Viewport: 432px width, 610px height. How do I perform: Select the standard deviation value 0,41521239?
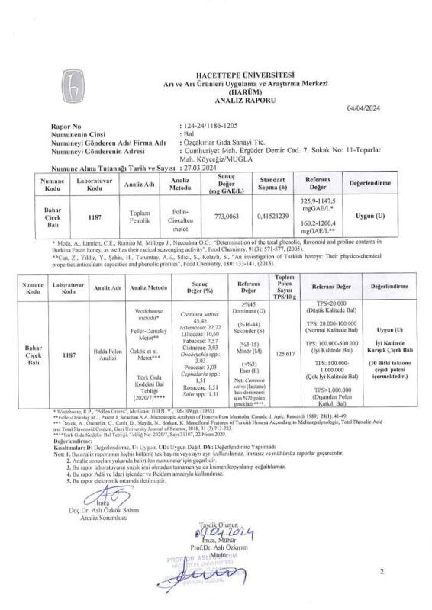(x=263, y=217)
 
